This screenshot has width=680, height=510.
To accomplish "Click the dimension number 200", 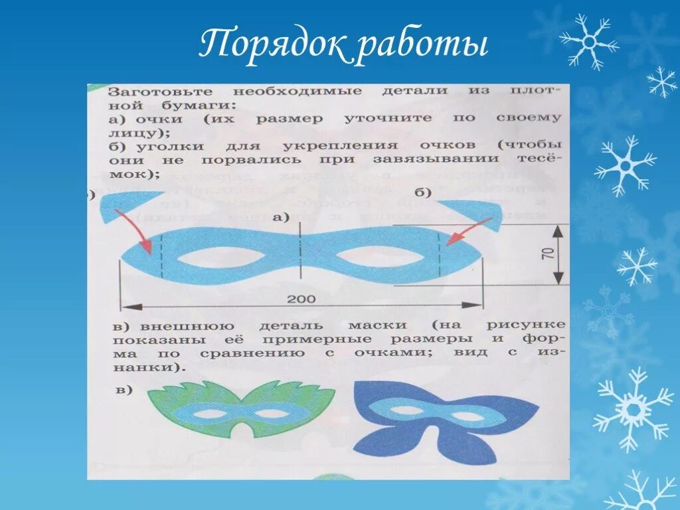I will coord(301,299).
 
